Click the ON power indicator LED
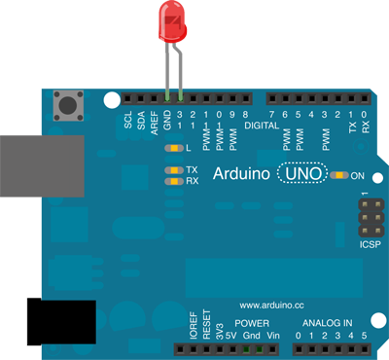[x=338, y=175]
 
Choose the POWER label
[x=252, y=322]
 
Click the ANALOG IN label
[x=330, y=322]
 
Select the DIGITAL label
[x=262, y=126]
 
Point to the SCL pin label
[x=128, y=122]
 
